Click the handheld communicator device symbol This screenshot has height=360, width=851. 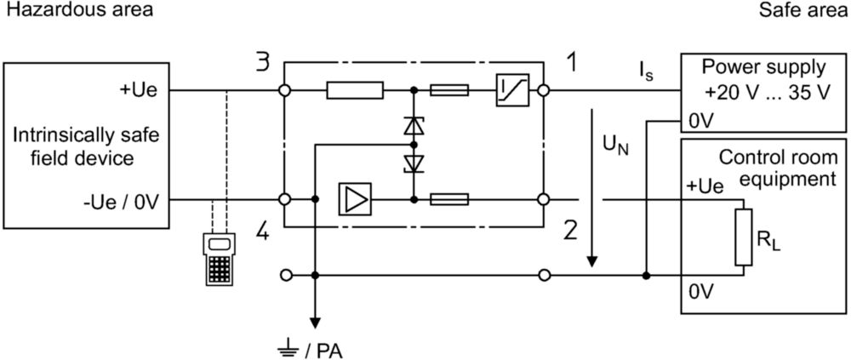pyautogui.click(x=220, y=259)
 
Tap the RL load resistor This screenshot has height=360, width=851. pyautogui.click(x=744, y=237)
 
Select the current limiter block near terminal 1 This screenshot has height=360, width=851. pyautogui.click(x=512, y=90)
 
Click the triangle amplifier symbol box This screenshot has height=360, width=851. pyautogui.click(x=354, y=199)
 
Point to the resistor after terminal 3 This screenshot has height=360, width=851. pyautogui.click(x=355, y=90)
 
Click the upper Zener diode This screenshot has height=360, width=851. pyautogui.click(x=414, y=125)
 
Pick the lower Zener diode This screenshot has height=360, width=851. pyautogui.click(x=414, y=163)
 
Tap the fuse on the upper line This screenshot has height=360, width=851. pyautogui.click(x=449, y=90)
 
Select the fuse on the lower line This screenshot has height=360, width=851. pyautogui.click(x=449, y=199)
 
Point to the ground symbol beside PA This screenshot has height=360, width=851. pyautogui.click(x=287, y=348)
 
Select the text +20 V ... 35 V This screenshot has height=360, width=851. pyautogui.click(x=768, y=92)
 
